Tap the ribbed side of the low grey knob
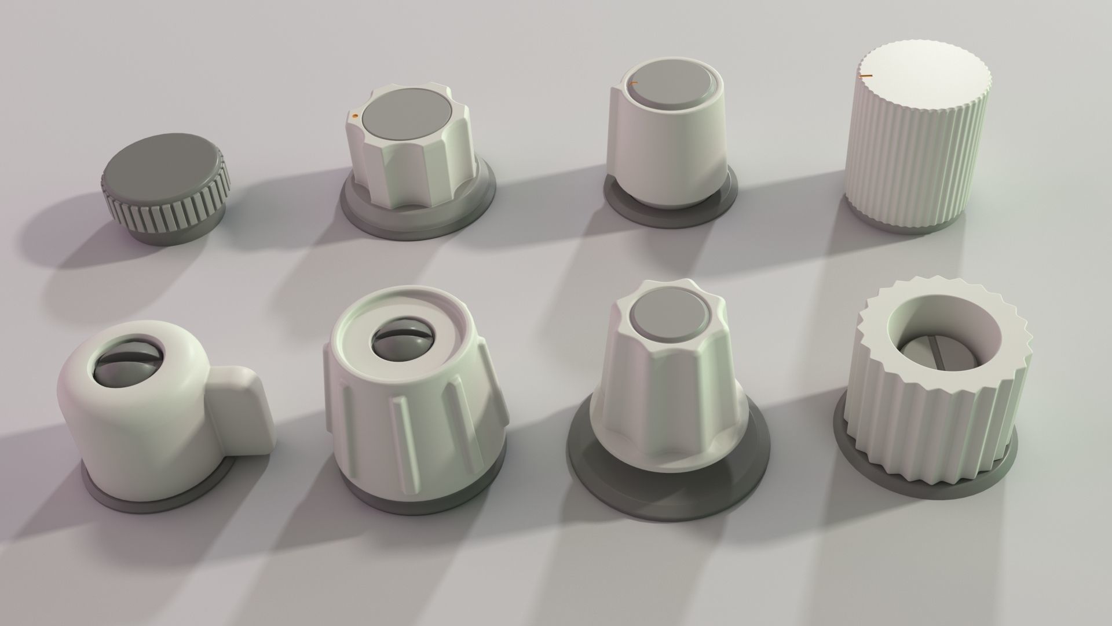[x=168, y=217]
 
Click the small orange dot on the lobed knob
[x=354, y=117]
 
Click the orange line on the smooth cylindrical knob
[x=632, y=84]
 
